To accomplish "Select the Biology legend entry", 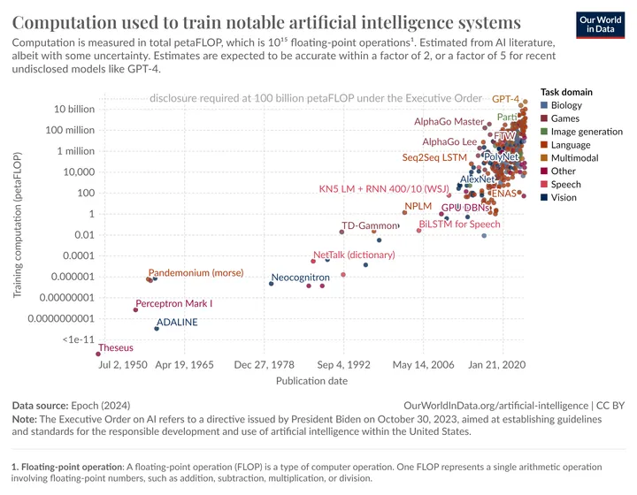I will [566, 105].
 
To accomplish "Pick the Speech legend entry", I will [565, 184].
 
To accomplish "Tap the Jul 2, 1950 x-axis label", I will [123, 363].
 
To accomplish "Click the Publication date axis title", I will [311, 381].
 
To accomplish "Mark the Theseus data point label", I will [116, 348].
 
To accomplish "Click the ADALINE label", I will [177, 323].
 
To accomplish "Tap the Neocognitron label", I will [300, 278].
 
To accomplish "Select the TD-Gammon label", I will [370, 225].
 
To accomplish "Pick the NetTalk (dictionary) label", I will [354, 255].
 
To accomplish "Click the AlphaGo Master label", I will [449, 121].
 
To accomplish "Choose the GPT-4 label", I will [505, 99].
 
